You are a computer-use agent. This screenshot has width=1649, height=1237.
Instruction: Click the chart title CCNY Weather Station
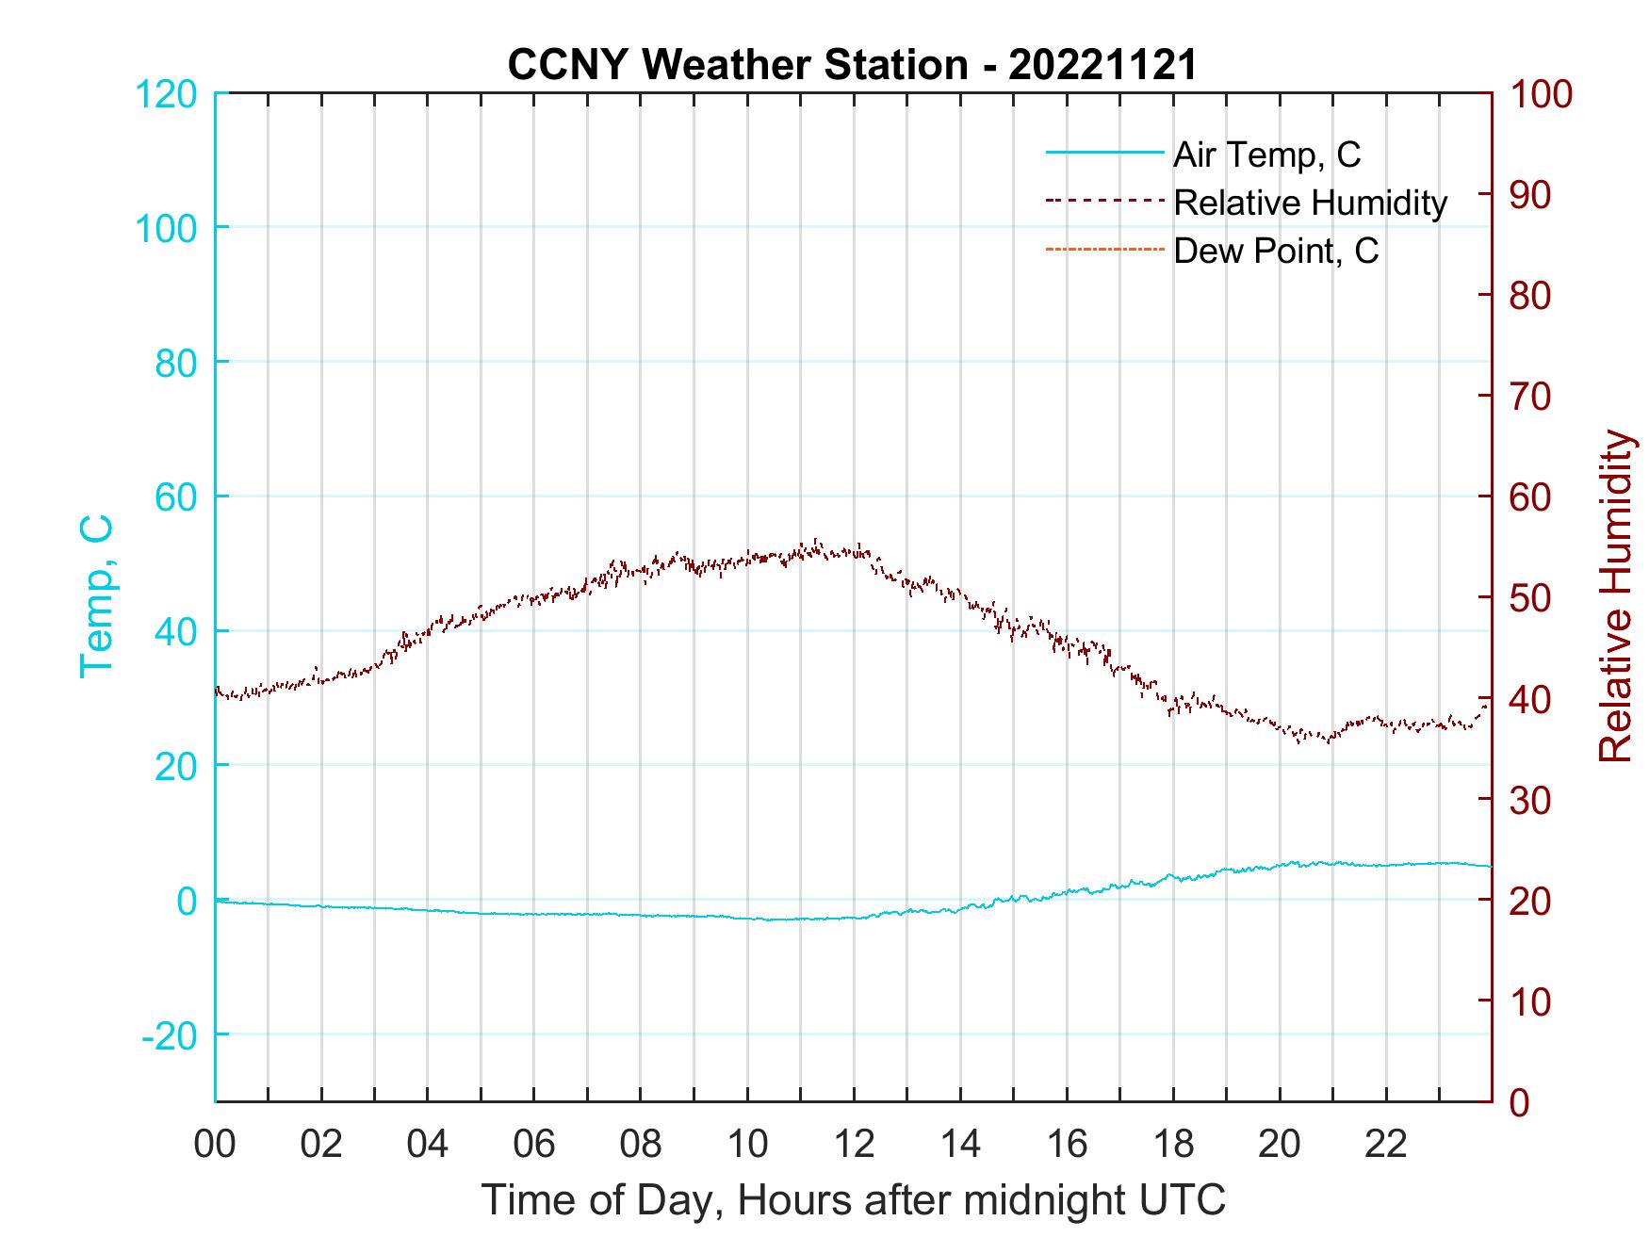(x=852, y=65)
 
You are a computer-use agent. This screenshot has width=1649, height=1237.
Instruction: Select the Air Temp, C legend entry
(x=1265, y=154)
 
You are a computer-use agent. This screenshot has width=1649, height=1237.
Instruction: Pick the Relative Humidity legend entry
(x=1309, y=203)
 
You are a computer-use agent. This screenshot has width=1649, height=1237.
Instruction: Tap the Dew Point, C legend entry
(x=1275, y=252)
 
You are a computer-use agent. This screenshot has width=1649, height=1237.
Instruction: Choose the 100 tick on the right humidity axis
(x=1542, y=94)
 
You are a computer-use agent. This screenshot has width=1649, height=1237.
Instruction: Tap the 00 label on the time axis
(x=215, y=1146)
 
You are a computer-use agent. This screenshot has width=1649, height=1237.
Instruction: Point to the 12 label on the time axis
(x=854, y=1146)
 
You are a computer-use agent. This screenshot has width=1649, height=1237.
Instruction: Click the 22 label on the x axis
(x=1386, y=1146)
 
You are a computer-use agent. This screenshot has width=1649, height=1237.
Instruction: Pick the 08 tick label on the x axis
(x=641, y=1146)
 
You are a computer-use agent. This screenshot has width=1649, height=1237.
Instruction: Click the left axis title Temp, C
(x=96, y=596)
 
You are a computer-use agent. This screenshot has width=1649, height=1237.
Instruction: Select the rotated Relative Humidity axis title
(x=1615, y=596)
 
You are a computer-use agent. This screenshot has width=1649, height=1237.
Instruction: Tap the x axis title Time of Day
(x=854, y=1200)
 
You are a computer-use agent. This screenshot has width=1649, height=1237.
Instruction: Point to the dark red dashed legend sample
(x=1103, y=201)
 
